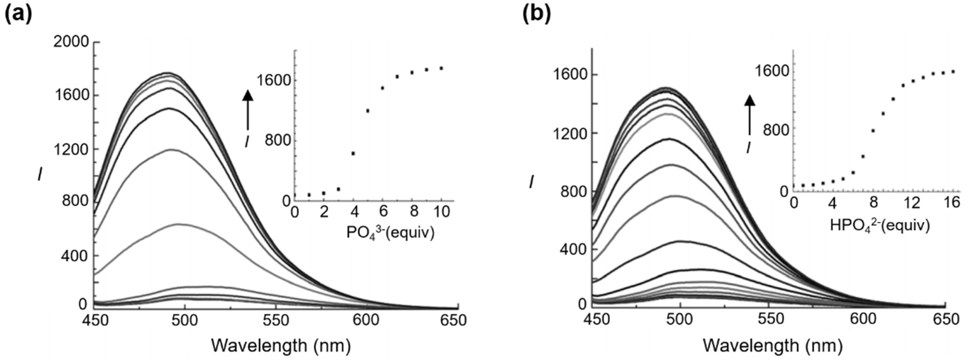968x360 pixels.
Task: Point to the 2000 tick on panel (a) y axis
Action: [71, 42]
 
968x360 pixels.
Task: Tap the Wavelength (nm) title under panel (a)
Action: [281, 345]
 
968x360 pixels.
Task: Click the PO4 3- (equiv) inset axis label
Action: [390, 233]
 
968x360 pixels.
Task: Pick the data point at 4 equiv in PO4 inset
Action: [353, 153]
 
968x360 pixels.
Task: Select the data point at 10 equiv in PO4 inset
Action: [441, 68]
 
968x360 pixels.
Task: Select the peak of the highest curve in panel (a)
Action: [169, 73]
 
